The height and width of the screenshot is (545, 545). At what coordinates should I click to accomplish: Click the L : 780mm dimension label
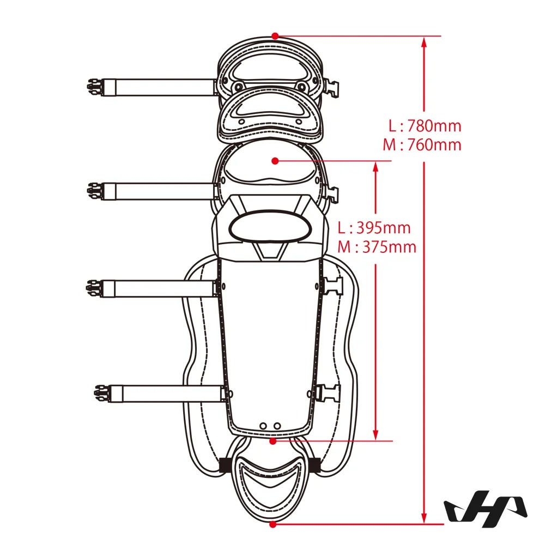(x=425, y=125)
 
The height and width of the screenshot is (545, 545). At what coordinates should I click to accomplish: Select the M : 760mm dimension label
(x=422, y=144)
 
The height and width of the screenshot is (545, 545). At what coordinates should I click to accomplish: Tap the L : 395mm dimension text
(x=374, y=228)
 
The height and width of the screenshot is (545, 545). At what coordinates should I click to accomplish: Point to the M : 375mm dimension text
(x=377, y=247)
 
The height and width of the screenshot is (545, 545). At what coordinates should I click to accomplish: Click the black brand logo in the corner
(x=486, y=506)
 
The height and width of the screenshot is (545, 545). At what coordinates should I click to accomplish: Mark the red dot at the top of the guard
(x=275, y=36)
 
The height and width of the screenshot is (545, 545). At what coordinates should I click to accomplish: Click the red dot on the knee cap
(x=275, y=161)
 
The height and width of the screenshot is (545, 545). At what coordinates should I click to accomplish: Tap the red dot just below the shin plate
(x=273, y=441)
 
